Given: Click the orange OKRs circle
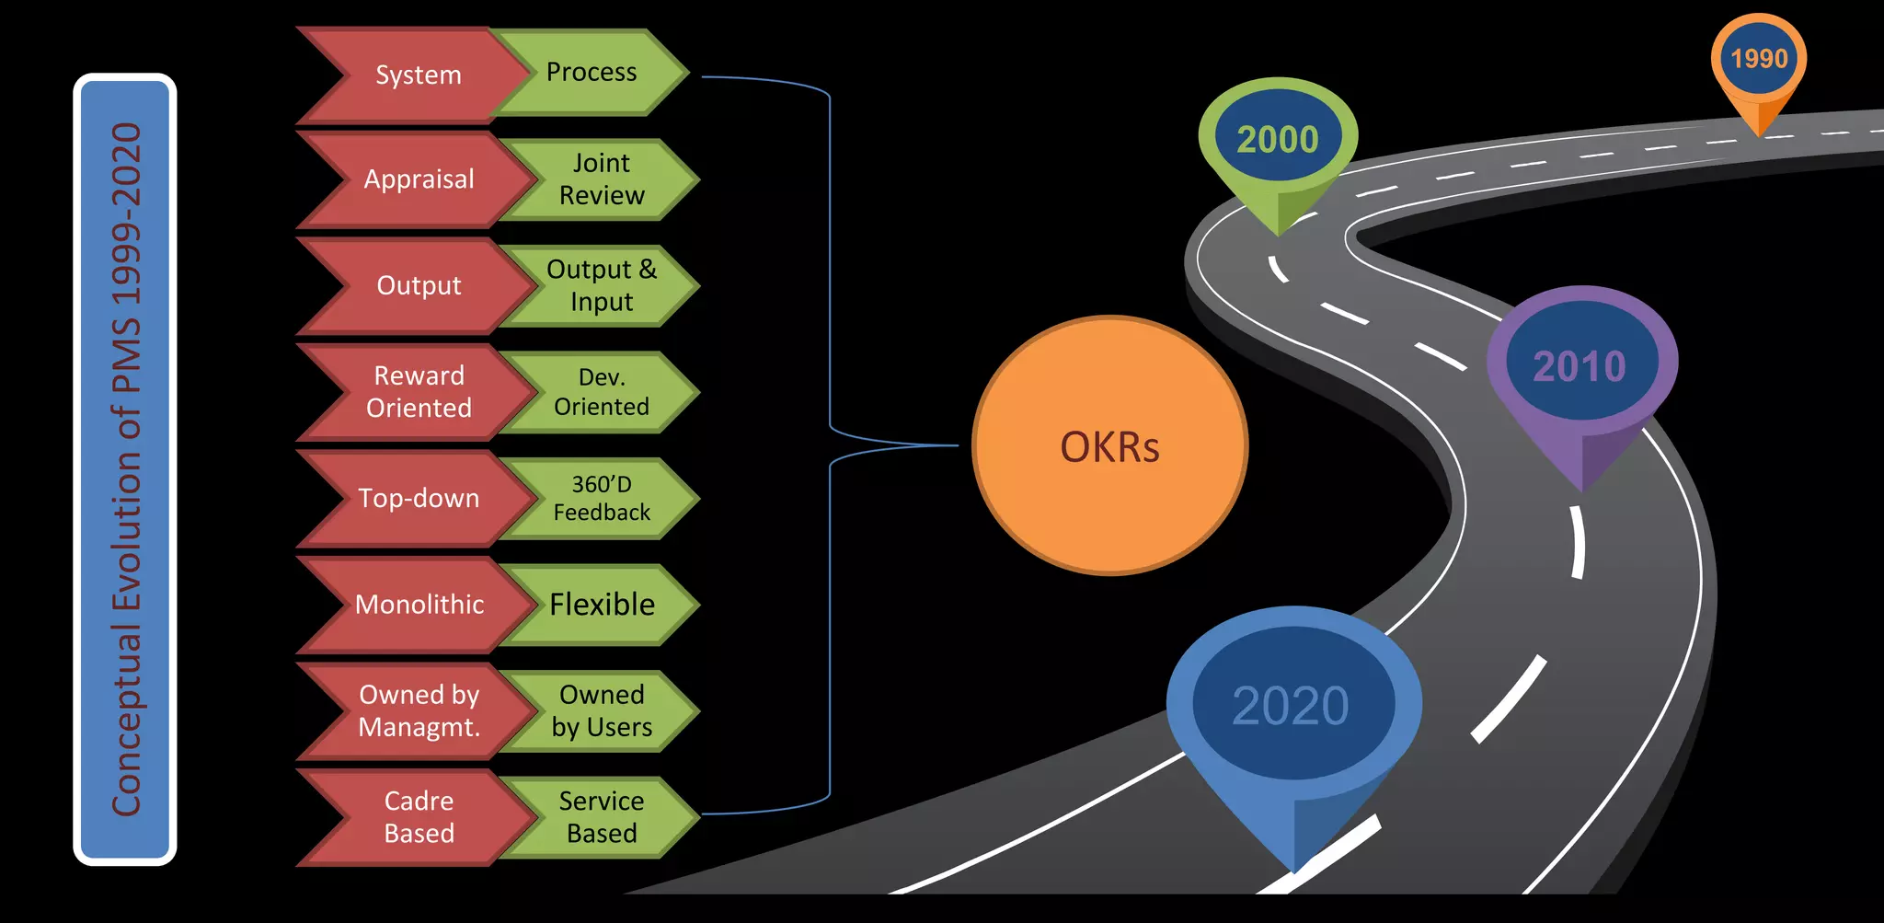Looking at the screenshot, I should (x=1109, y=446).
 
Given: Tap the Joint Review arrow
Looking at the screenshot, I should (x=603, y=179).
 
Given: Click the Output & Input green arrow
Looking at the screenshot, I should (x=603, y=285).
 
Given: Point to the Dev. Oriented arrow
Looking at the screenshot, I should (x=603, y=392).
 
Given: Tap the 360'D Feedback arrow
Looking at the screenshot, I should (x=603, y=498).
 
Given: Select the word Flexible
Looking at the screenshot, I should (x=603, y=605).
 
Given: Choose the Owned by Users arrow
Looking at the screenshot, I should (x=603, y=710).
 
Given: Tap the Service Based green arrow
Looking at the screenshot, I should (x=603, y=817).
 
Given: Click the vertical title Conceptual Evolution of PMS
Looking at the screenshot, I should (x=126, y=469).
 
